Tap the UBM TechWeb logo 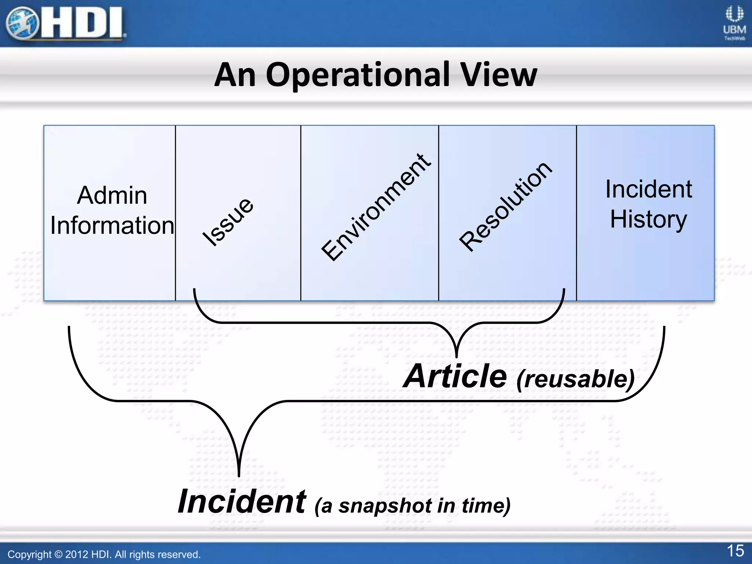[734, 23]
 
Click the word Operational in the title [358, 75]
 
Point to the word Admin [112, 195]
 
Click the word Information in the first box [112, 225]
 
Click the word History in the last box [648, 220]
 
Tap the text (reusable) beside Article [575, 379]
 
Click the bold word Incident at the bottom [242, 502]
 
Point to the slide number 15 [735, 551]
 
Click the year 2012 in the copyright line [76, 554]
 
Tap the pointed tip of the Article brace [456, 356]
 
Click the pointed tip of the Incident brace [239, 475]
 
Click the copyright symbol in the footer [58, 554]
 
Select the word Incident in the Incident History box [648, 189]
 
